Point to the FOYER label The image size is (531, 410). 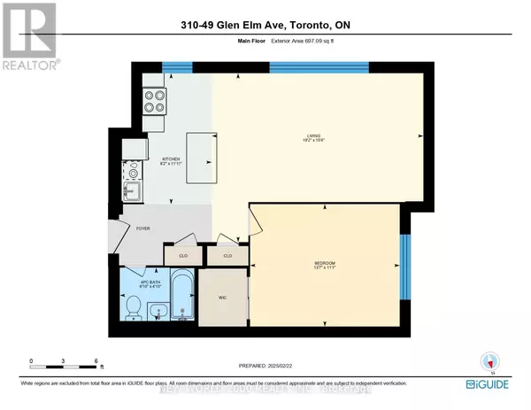[142, 228]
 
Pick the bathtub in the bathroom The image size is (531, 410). [182, 298]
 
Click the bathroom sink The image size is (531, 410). [157, 311]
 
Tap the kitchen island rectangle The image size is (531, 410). [200, 160]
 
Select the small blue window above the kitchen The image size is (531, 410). [177, 66]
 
